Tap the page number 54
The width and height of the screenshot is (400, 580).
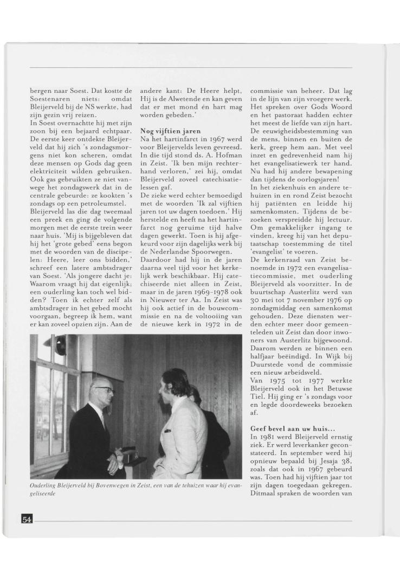coord(27,520)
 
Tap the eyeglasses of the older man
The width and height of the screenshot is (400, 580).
coord(104,389)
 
